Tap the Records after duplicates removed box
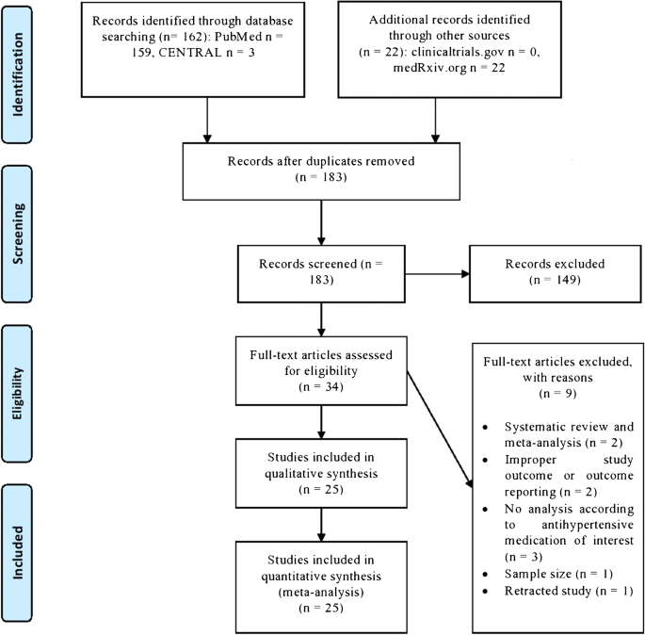click(323, 168)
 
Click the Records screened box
click(323, 276)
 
